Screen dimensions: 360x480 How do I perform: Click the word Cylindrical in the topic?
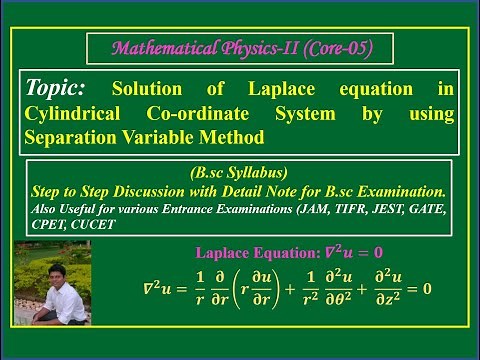(x=72, y=115)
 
